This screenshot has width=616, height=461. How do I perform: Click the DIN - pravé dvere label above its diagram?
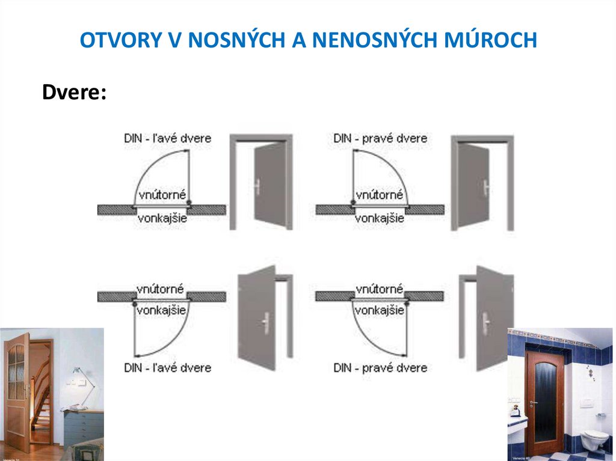pos(380,139)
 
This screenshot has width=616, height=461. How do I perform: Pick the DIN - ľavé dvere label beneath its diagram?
pos(167,367)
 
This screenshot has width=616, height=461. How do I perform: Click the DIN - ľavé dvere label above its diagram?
pos(167,139)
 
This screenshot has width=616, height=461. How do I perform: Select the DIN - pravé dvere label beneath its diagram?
pos(380,367)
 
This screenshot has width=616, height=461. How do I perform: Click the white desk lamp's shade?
pos(78,372)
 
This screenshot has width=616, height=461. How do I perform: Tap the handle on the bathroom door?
pos(532,403)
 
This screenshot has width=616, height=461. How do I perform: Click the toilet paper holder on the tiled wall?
pos(601,415)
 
